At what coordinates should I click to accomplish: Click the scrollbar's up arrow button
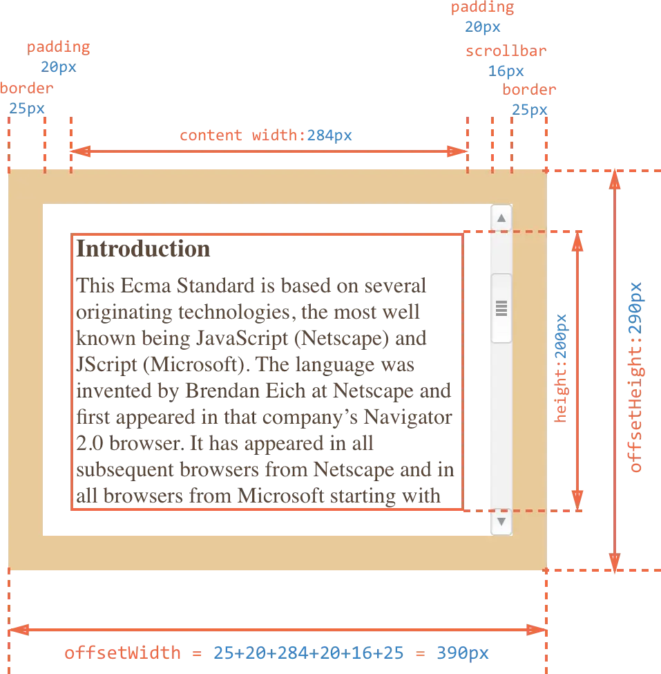(501, 218)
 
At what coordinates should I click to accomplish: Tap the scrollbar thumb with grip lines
(501, 308)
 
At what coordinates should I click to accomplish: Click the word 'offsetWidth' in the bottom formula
(123, 653)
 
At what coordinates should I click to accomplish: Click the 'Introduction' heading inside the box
(145, 250)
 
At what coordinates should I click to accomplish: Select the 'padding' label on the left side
(59, 48)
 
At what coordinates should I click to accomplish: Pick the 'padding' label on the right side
(482, 8)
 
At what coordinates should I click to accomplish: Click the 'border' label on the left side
(26, 89)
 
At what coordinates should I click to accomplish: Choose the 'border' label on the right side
(529, 91)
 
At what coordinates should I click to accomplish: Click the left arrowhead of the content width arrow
(78, 151)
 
